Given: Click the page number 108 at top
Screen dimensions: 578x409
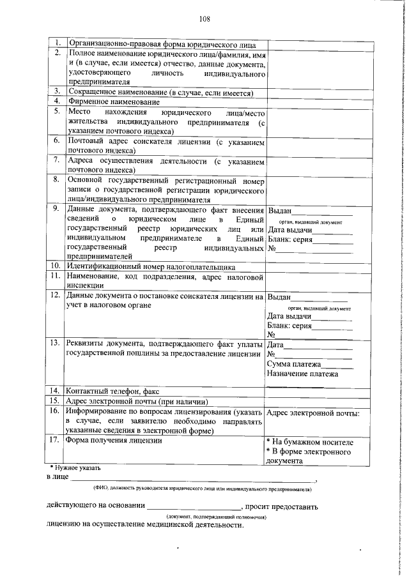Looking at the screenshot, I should (x=204, y=19).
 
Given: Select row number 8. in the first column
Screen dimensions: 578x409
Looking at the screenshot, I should (x=56, y=181).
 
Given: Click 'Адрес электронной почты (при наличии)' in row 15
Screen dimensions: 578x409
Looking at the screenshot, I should (x=137, y=401).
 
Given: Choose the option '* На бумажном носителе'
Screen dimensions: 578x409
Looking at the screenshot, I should (x=309, y=442).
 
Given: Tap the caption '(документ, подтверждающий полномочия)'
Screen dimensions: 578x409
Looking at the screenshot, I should (x=216, y=516).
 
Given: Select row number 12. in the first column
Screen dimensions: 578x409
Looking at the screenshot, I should (x=56, y=296).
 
